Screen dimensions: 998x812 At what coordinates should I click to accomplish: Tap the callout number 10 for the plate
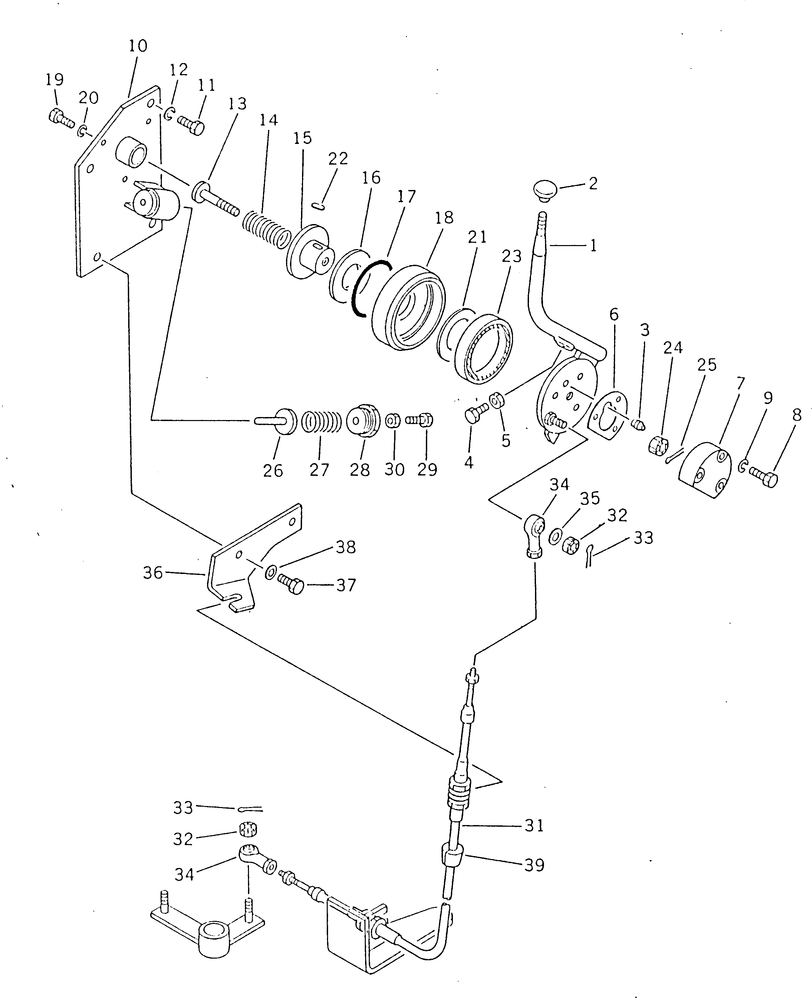click(x=138, y=46)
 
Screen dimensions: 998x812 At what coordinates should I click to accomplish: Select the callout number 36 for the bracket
click(x=153, y=572)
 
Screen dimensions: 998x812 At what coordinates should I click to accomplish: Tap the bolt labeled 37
click(x=291, y=584)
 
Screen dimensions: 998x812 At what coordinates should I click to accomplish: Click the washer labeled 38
click(x=270, y=572)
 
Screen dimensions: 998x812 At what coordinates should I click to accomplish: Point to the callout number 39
click(x=534, y=865)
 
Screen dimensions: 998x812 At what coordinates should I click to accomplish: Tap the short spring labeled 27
click(x=321, y=422)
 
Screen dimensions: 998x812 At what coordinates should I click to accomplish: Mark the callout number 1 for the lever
click(x=593, y=245)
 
